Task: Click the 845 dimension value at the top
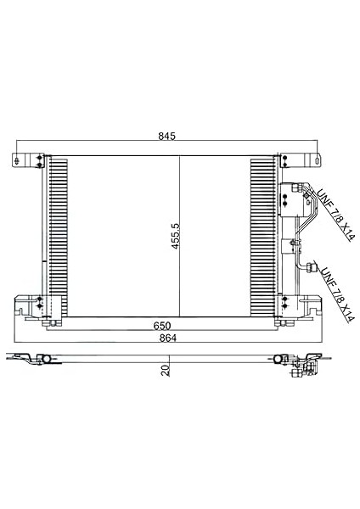pos(166,136)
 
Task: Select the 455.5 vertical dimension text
pos(176,236)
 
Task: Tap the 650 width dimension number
pos(162,325)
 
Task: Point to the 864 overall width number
pos(168,338)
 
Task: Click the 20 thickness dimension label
pos(166,371)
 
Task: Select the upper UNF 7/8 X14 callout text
pos(335,215)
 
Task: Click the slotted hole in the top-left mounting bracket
pos(17,160)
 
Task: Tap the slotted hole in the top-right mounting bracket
pos(317,160)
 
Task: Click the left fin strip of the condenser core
pos(59,237)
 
